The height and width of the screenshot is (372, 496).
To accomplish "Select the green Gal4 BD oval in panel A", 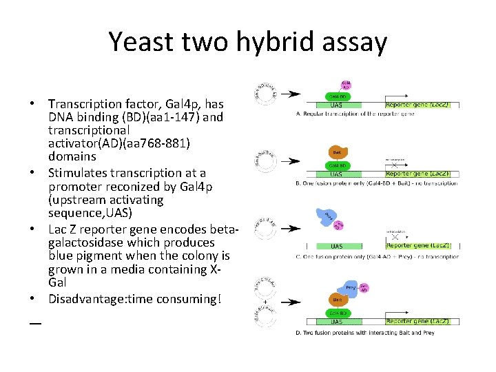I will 336,96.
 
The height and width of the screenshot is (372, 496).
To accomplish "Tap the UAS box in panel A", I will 336,105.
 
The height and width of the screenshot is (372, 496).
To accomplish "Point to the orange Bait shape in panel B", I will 337,152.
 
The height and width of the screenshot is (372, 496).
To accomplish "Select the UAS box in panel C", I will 336,245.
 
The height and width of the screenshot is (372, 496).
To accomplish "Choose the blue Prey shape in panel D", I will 351,290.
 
